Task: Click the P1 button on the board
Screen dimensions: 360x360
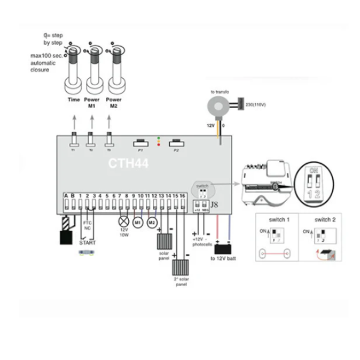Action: pos(140,143)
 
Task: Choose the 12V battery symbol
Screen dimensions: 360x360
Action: pos(224,248)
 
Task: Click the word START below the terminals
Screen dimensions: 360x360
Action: pos(88,243)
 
